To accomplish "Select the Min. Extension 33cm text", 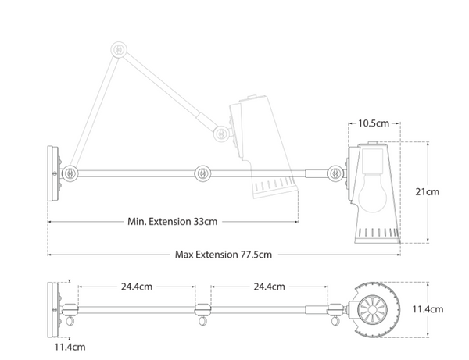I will click(x=172, y=221).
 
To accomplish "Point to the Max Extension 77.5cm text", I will click(x=224, y=255).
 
